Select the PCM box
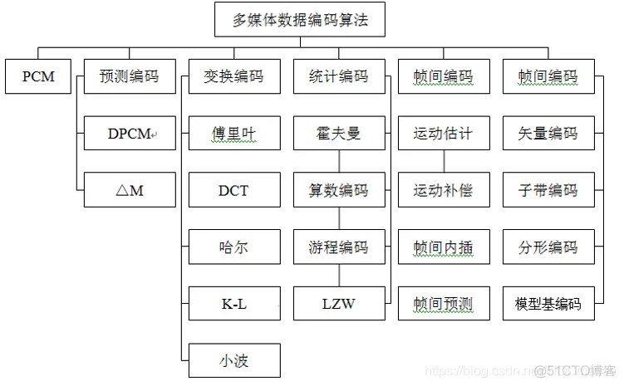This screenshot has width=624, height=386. click(38, 77)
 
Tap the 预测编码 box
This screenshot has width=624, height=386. click(130, 77)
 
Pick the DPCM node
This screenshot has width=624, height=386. click(130, 134)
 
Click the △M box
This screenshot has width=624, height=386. click(130, 190)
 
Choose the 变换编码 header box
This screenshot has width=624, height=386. click(233, 77)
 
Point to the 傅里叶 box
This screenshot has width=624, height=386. click(233, 134)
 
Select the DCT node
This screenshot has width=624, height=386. click(233, 190)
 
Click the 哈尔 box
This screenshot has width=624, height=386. click(233, 247)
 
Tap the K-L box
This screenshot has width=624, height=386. click(233, 304)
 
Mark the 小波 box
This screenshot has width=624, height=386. click(233, 360)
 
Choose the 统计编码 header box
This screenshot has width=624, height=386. click(338, 77)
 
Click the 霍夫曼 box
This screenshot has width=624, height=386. click(338, 134)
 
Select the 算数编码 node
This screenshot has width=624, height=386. click(338, 190)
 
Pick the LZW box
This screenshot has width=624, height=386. click(338, 304)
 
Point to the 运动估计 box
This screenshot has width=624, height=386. click(443, 134)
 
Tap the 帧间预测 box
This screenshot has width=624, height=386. click(443, 304)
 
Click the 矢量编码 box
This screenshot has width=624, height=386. click(548, 134)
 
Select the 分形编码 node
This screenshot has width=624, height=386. click(548, 247)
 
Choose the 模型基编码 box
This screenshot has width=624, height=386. click(548, 304)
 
